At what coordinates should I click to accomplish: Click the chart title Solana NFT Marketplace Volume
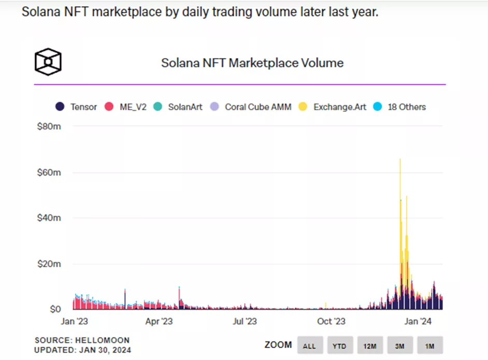pos(252,63)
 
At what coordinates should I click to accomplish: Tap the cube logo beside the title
pos(48,62)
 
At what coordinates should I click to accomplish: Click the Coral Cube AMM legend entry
pos(251,107)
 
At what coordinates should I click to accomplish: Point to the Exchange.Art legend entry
pos(333,107)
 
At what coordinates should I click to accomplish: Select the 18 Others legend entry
pos(400,107)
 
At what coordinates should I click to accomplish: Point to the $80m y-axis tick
pos(49,126)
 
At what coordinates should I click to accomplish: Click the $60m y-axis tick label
pos(49,172)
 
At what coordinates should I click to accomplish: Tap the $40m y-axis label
pos(49,218)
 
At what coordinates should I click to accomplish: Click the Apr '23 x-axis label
pos(159,322)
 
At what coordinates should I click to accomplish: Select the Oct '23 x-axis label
pos(332,322)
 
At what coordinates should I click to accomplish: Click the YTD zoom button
pos(339,345)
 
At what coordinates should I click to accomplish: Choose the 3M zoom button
pos(399,345)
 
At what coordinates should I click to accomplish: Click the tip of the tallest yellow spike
pos(400,159)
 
